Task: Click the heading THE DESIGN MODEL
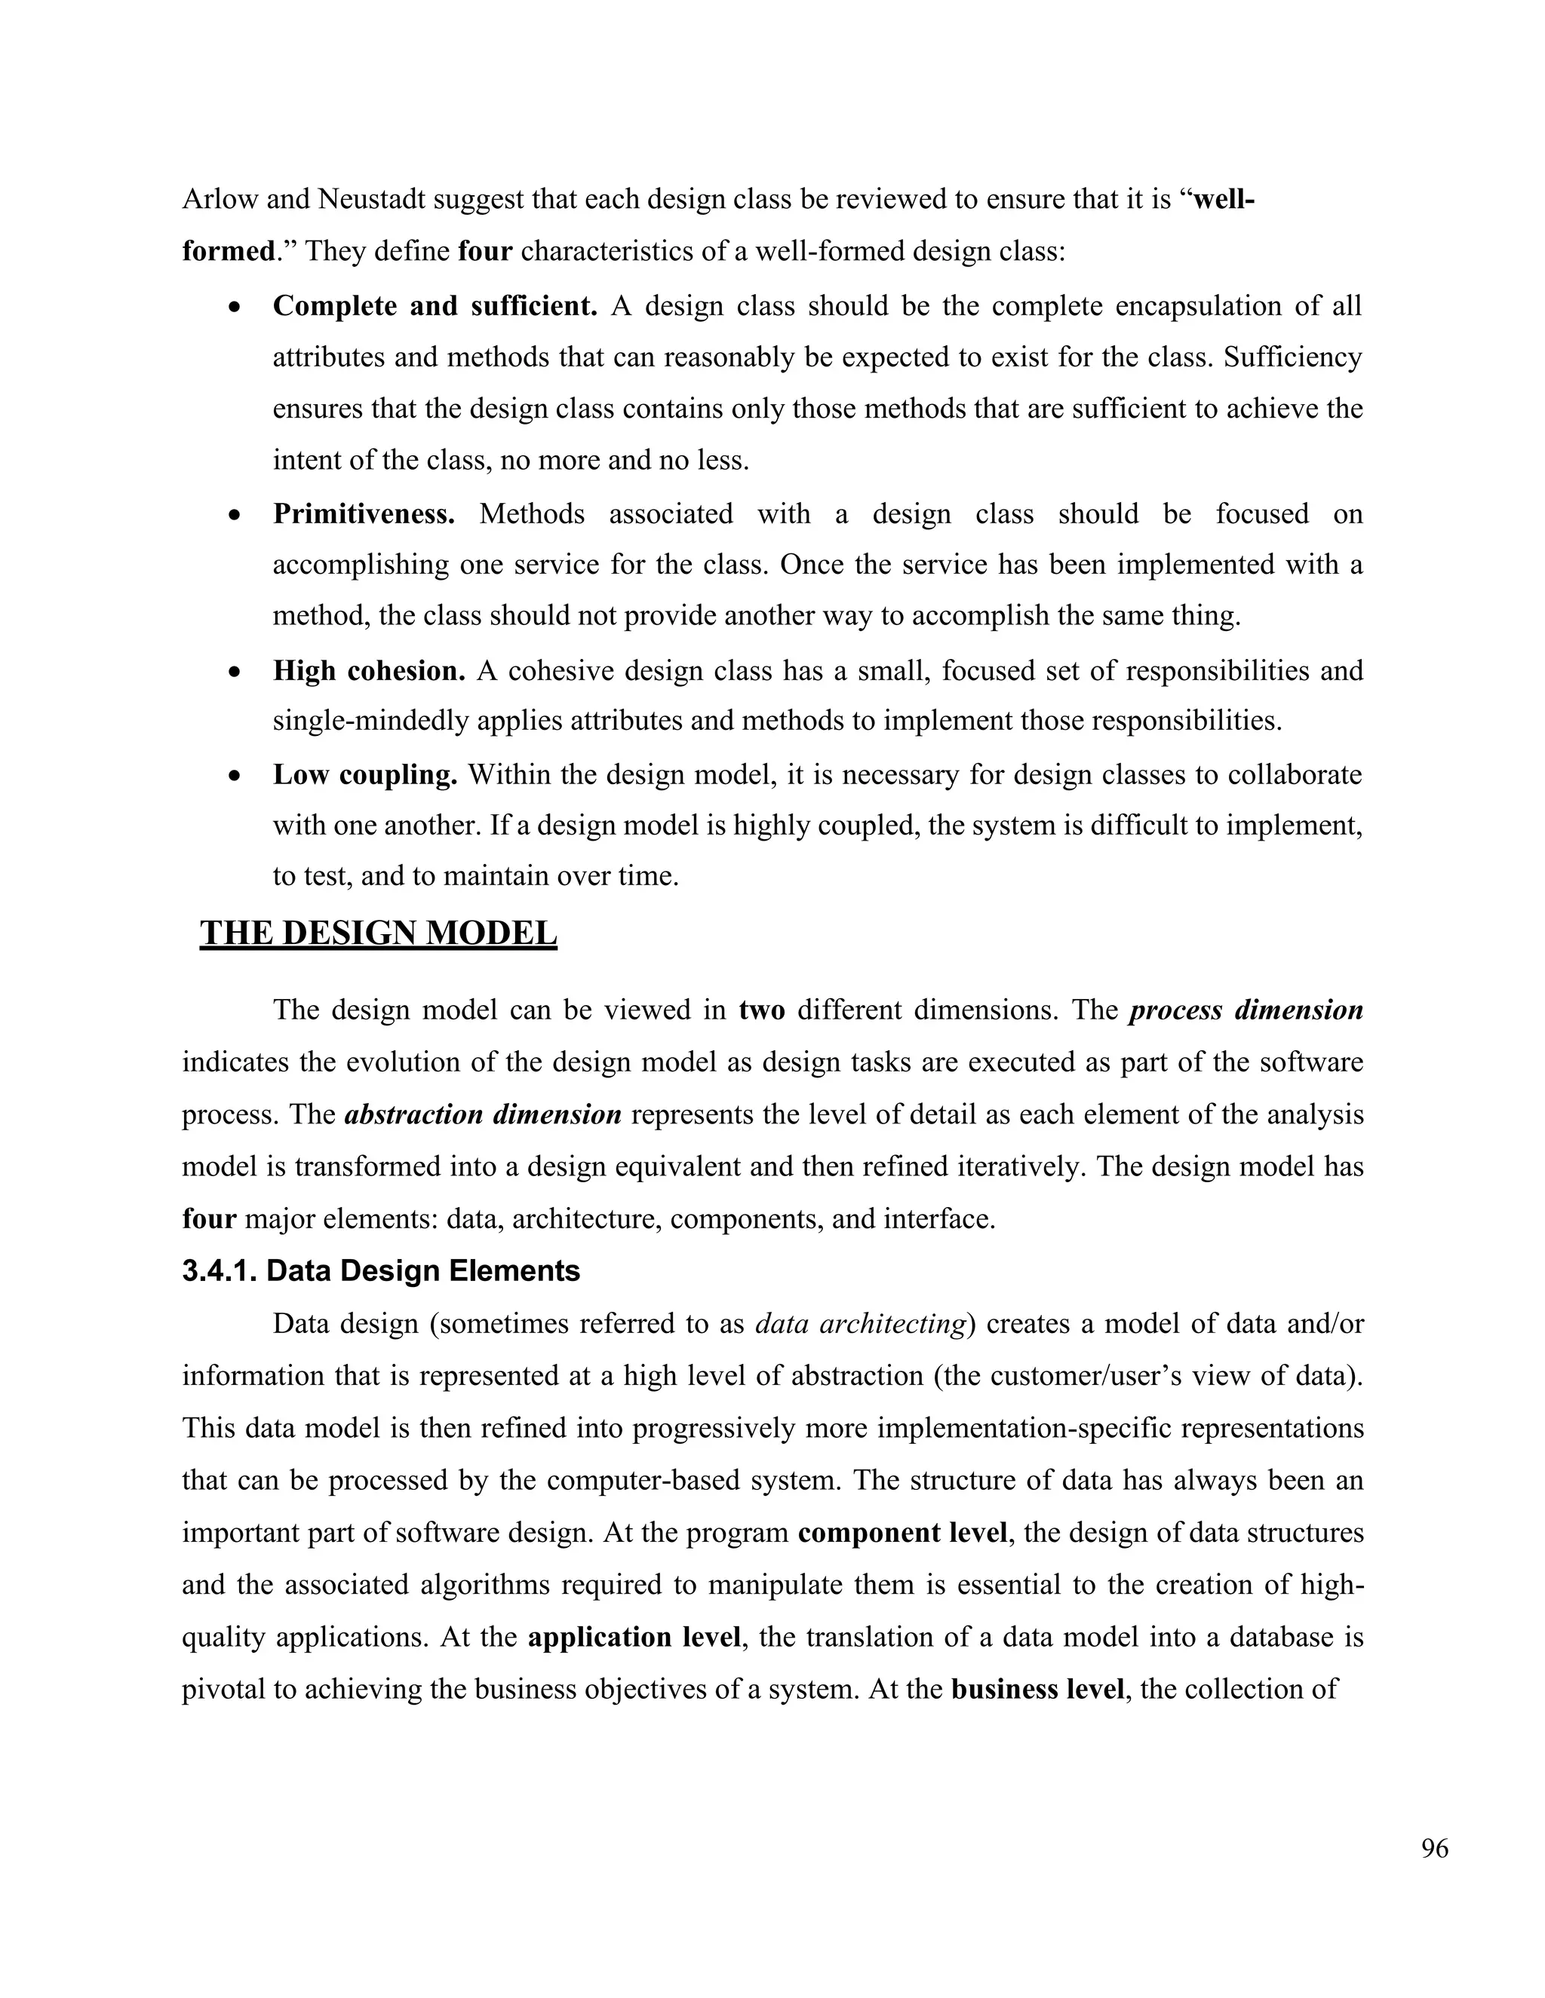tap(378, 933)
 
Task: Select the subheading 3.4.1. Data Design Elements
tap(381, 1270)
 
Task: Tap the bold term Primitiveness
tap(364, 514)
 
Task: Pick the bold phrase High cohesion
tap(369, 670)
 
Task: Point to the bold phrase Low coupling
tap(365, 775)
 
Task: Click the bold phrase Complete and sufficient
tap(435, 305)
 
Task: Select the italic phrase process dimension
tap(1246, 1010)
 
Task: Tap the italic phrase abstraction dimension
tap(484, 1114)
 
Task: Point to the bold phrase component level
tap(902, 1532)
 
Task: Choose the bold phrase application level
tap(634, 1637)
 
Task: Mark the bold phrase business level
tap(1037, 1689)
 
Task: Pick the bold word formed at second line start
tap(228, 250)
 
